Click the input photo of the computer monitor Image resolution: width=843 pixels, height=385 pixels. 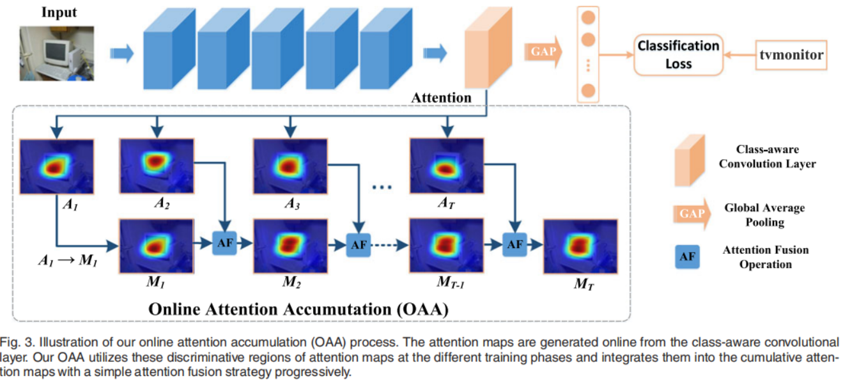(57, 53)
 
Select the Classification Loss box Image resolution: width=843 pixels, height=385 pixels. (678, 54)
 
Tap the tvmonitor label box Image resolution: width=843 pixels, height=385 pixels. (791, 55)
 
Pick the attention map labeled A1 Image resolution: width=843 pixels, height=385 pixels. (57, 168)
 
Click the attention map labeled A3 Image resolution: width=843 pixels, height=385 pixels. (290, 166)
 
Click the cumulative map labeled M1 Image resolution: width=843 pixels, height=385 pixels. (155, 246)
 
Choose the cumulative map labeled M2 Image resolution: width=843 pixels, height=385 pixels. (290, 246)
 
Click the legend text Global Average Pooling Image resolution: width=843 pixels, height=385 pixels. (764, 215)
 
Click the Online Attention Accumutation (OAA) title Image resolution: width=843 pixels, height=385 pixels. (298, 308)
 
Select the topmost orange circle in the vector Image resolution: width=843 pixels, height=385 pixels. (589, 17)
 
